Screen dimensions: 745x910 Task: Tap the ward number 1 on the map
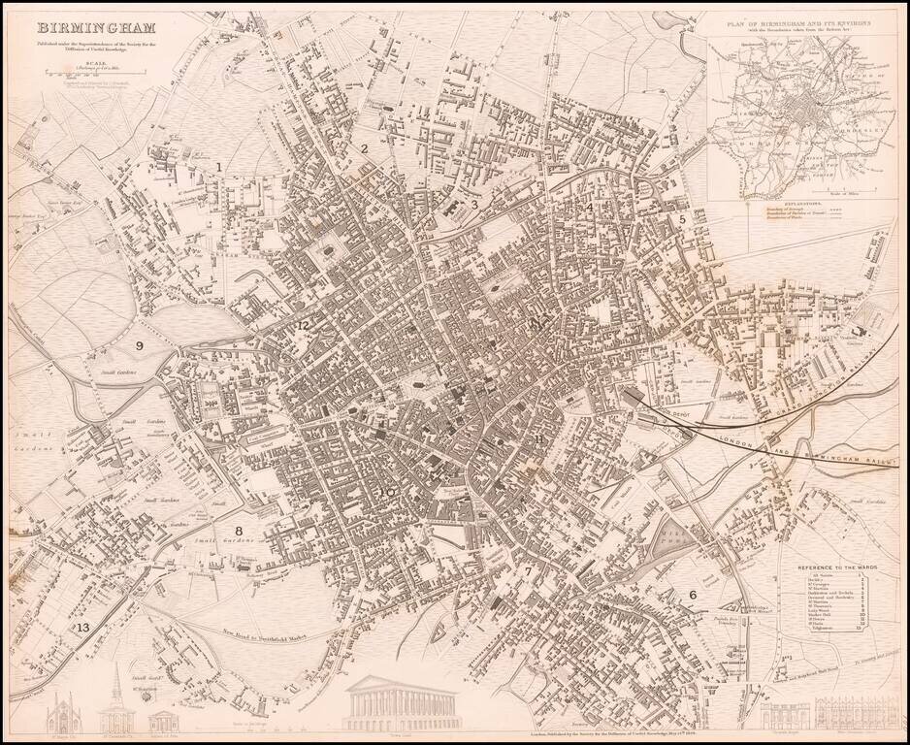(219, 167)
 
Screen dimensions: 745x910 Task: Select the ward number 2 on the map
(364, 148)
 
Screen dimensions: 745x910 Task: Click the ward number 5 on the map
(683, 220)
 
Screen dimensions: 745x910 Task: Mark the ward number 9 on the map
(139, 345)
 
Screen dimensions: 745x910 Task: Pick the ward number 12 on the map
(304, 325)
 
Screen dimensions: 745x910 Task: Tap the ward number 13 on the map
(82, 628)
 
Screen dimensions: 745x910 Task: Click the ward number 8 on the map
(239, 531)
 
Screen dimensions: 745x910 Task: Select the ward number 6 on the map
(693, 595)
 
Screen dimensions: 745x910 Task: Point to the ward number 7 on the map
(529, 571)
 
